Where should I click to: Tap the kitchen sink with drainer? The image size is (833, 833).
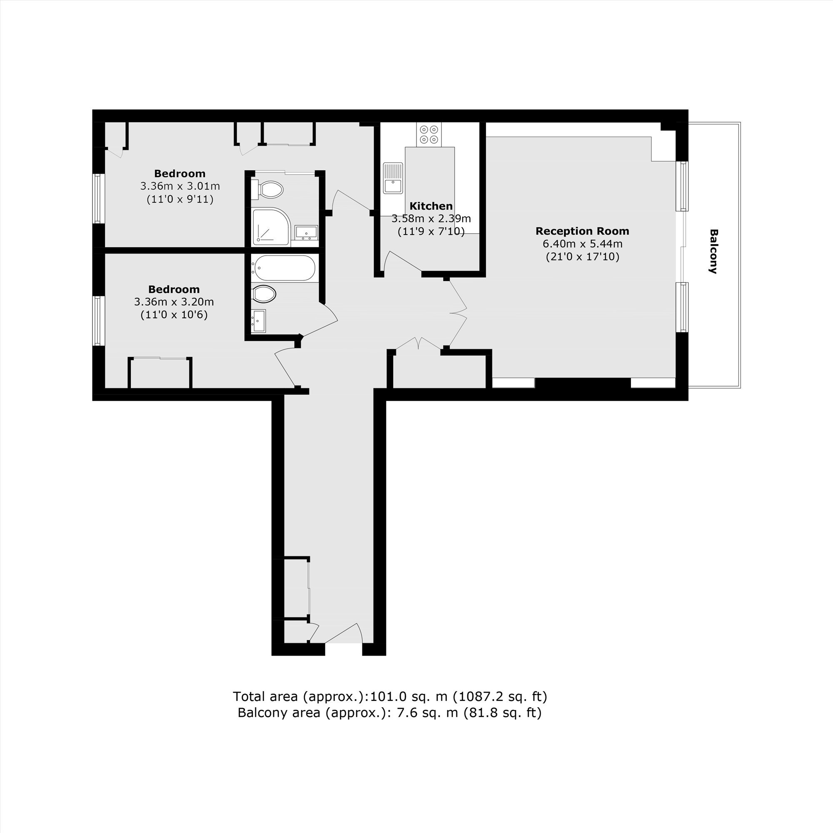click(x=393, y=178)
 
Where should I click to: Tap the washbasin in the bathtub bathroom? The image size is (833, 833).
click(x=259, y=321)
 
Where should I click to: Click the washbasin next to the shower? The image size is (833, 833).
click(x=307, y=232)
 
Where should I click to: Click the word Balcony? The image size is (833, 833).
click(x=713, y=252)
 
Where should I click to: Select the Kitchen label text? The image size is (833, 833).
click(x=431, y=206)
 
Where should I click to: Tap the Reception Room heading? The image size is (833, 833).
click(x=582, y=231)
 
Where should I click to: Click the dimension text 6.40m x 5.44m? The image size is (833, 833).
click(x=582, y=244)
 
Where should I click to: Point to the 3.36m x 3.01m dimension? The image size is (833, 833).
click(x=180, y=186)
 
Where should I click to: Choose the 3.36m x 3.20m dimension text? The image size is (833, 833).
click(x=174, y=302)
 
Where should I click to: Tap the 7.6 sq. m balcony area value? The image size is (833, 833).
click(x=427, y=713)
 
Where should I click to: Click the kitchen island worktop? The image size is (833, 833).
click(x=430, y=190)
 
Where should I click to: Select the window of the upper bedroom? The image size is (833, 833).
click(x=99, y=198)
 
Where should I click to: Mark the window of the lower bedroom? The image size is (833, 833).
click(x=99, y=320)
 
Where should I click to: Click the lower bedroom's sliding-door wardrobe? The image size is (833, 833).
click(x=160, y=373)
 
